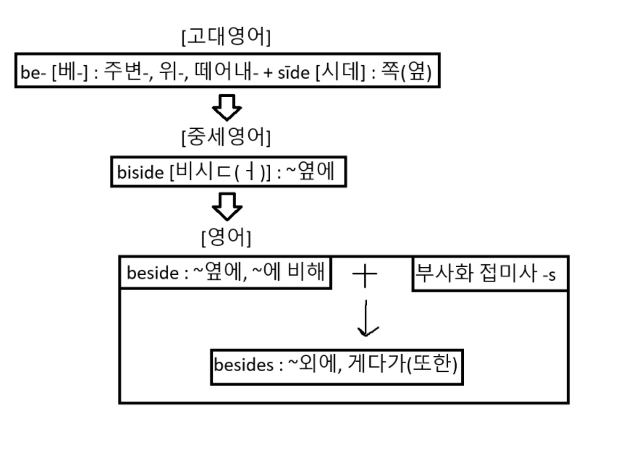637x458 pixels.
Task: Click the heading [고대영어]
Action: click(x=231, y=35)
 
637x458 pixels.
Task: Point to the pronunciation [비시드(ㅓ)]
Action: click(x=216, y=174)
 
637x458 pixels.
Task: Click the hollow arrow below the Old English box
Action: click(x=227, y=108)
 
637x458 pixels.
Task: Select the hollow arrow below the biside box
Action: click(x=227, y=208)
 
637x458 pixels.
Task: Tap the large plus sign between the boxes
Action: click(x=366, y=275)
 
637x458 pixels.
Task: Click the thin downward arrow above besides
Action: click(x=368, y=318)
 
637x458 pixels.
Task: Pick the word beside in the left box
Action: click(x=148, y=273)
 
